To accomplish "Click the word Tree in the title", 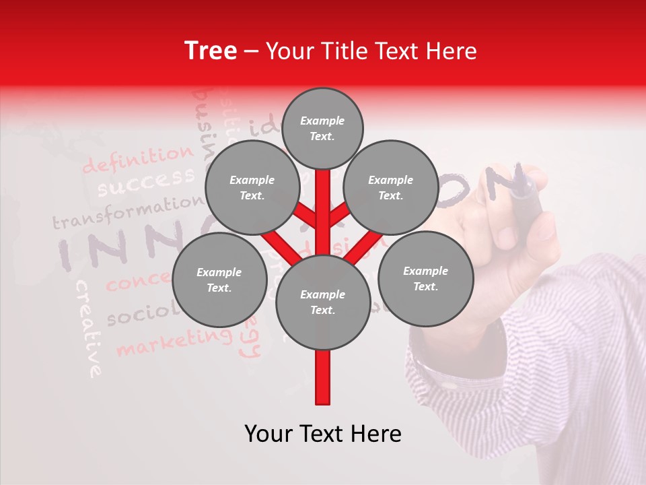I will (x=211, y=51).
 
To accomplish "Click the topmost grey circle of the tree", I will (x=322, y=128).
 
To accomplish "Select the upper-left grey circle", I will (x=252, y=188).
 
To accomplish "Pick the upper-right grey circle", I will (x=391, y=188).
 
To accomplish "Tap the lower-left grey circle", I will (x=219, y=280).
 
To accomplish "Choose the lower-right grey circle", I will (x=426, y=278).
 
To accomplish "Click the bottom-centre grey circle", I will (x=323, y=302).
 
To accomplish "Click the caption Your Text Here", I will (x=323, y=434).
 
